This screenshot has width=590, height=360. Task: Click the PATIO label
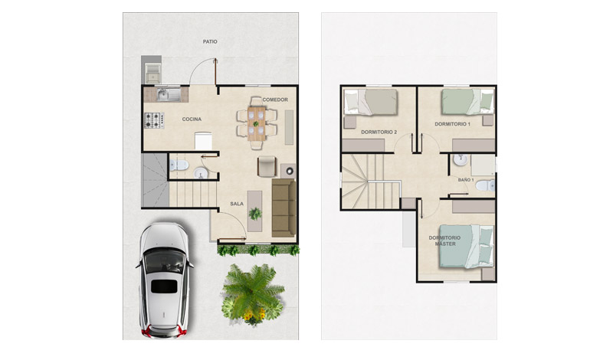(x=210, y=42)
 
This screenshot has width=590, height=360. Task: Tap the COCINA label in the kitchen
(x=192, y=119)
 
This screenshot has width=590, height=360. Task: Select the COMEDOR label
(x=275, y=100)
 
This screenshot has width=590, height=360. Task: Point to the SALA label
(x=237, y=204)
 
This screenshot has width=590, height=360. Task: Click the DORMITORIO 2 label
(x=379, y=132)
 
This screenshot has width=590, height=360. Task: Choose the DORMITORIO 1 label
(x=452, y=124)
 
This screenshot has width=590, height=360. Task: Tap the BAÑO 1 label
(x=466, y=180)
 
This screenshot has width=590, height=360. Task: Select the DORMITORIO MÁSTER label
(x=444, y=241)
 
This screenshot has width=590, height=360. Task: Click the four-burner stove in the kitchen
(x=154, y=120)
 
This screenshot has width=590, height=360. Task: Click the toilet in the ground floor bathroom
(x=179, y=165)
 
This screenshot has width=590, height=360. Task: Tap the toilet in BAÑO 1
(x=485, y=185)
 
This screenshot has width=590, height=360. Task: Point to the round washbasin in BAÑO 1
(x=461, y=160)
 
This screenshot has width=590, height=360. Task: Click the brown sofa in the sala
(x=284, y=208)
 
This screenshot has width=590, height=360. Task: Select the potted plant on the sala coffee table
(x=255, y=214)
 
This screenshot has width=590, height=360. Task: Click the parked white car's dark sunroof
(x=164, y=286)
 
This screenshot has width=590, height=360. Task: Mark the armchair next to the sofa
(x=267, y=166)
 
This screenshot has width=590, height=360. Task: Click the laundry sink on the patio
(x=152, y=74)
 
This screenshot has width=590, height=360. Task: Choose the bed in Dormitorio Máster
(x=467, y=247)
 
